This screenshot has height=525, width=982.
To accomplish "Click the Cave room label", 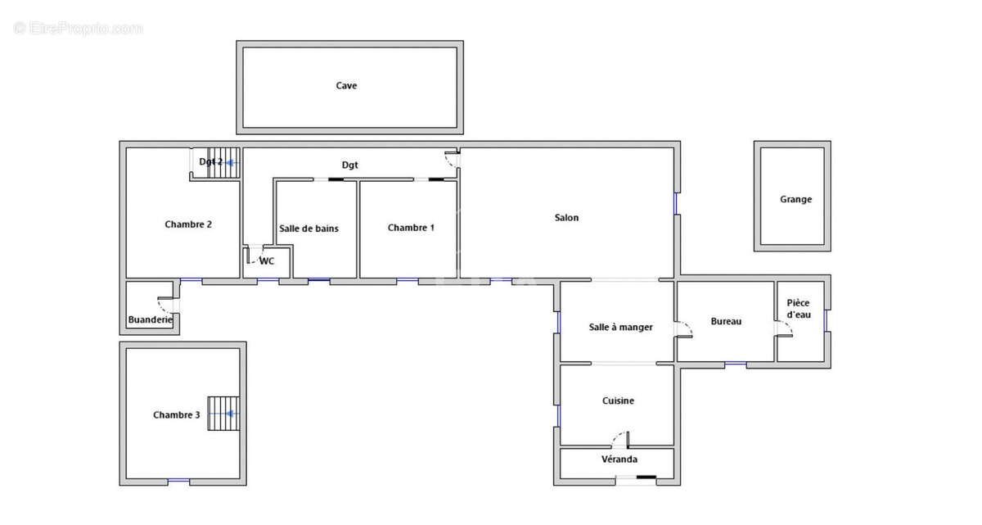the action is pyautogui.click(x=346, y=85).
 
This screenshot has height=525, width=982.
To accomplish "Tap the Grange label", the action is pyautogui.click(x=795, y=199).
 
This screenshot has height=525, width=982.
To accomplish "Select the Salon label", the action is pyautogui.click(x=566, y=218).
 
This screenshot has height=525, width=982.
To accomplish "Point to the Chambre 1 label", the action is pyautogui.click(x=411, y=228).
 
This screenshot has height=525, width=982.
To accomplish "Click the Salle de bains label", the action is pyautogui.click(x=309, y=229).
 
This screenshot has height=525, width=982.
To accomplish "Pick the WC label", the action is pyautogui.click(x=267, y=261).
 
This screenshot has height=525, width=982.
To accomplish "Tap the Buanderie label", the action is pyautogui.click(x=151, y=319).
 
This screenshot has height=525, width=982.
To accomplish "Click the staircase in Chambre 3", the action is pyautogui.click(x=223, y=414).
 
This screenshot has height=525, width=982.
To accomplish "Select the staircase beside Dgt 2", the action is pyautogui.click(x=223, y=163).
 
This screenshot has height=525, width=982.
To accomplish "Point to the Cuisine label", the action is pyautogui.click(x=618, y=401).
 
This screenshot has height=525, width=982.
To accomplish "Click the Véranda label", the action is pyautogui.click(x=619, y=459).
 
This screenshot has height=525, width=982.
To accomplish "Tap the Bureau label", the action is pyautogui.click(x=726, y=322).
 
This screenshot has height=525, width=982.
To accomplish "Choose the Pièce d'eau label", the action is pyautogui.click(x=799, y=309).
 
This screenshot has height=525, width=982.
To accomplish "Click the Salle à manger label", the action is pyautogui.click(x=620, y=327).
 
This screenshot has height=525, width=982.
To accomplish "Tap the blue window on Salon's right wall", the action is pyautogui.click(x=676, y=203).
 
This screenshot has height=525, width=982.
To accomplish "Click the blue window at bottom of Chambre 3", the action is pyautogui.click(x=179, y=481).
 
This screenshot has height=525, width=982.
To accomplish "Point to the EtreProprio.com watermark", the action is pyautogui.click(x=79, y=29).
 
